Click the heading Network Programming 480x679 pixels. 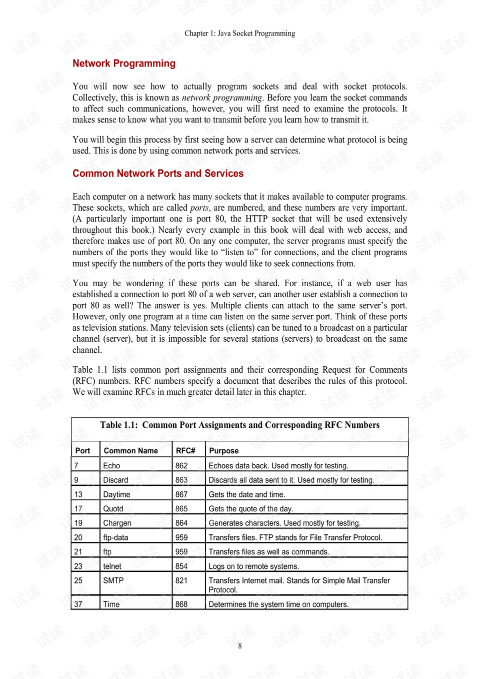(x=124, y=64)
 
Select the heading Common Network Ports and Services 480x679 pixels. (x=158, y=174)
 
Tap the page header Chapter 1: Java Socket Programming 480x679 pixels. (x=239, y=34)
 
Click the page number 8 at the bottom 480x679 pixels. (x=240, y=646)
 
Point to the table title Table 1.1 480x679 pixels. (x=239, y=425)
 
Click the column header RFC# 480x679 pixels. (x=185, y=451)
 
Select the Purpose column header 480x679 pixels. (x=223, y=451)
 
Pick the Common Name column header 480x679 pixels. (x=130, y=451)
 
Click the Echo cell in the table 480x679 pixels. (x=111, y=466)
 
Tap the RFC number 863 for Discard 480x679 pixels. (x=181, y=480)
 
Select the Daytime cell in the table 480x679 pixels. (x=116, y=494)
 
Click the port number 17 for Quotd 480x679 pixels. (x=78, y=509)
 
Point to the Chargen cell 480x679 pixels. (x=117, y=523)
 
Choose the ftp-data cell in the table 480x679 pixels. (x=115, y=537)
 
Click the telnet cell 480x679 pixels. (x=112, y=566)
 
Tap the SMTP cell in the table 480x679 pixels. (x=113, y=580)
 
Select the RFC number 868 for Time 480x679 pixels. (x=181, y=604)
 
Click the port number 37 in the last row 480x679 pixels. (x=78, y=604)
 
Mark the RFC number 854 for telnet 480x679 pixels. (x=181, y=566)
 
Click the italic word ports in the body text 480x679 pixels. (x=199, y=208)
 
